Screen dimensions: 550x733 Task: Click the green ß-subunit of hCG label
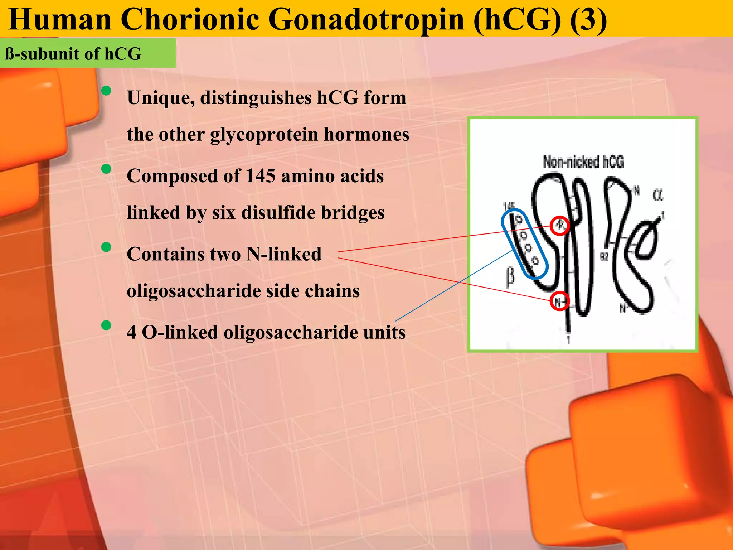pos(73,54)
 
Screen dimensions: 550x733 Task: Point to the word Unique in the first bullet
pos(161,97)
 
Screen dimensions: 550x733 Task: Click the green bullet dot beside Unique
pos(106,91)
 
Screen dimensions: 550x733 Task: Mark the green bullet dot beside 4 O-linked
pos(106,325)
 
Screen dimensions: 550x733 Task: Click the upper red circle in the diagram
pos(559,226)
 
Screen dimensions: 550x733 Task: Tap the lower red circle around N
pos(559,301)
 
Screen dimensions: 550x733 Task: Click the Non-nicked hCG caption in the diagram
pos(583,162)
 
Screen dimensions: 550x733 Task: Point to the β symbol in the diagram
pos(510,277)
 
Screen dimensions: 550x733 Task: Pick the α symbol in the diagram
pos(657,195)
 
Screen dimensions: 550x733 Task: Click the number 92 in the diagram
pos(604,256)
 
